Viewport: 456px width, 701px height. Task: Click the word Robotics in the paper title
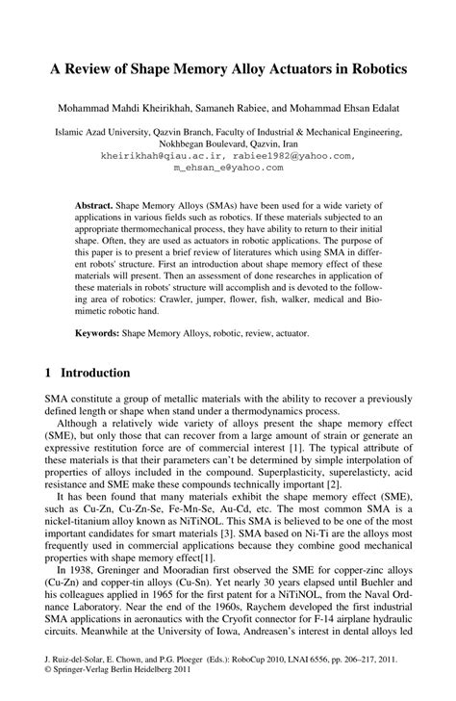[x=374, y=72]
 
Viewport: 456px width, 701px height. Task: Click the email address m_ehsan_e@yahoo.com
[x=228, y=167]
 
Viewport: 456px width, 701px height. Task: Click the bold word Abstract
[x=93, y=206]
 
